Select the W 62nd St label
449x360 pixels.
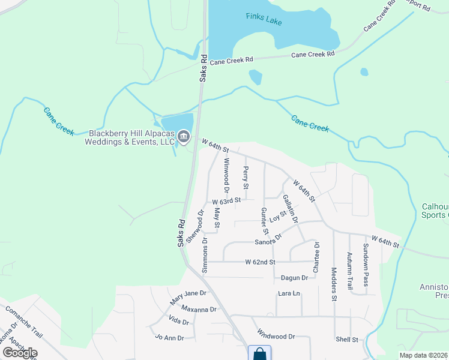(x=260, y=262)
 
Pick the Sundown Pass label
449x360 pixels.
(x=365, y=265)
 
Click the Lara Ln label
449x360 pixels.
(x=288, y=293)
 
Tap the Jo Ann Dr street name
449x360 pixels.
(x=169, y=338)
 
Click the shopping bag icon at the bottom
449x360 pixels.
(x=259, y=353)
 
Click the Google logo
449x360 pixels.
(x=20, y=353)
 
